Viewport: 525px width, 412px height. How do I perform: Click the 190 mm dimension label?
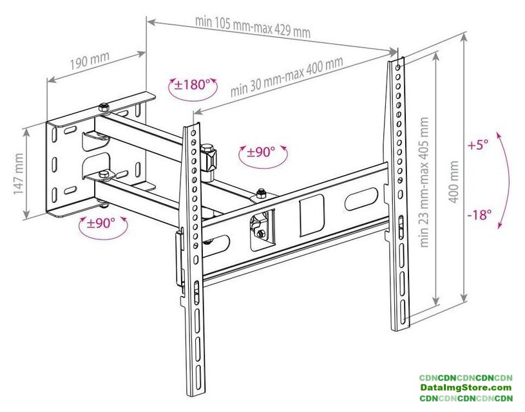90,62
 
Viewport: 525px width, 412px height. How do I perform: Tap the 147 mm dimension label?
19,174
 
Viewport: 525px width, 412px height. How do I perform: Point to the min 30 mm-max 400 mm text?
287,76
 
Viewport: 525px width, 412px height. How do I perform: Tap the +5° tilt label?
479,145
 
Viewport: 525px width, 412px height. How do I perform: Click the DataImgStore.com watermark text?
466,388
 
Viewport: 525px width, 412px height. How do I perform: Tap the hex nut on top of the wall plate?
103,106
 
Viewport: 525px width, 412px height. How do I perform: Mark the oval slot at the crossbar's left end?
218,245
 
